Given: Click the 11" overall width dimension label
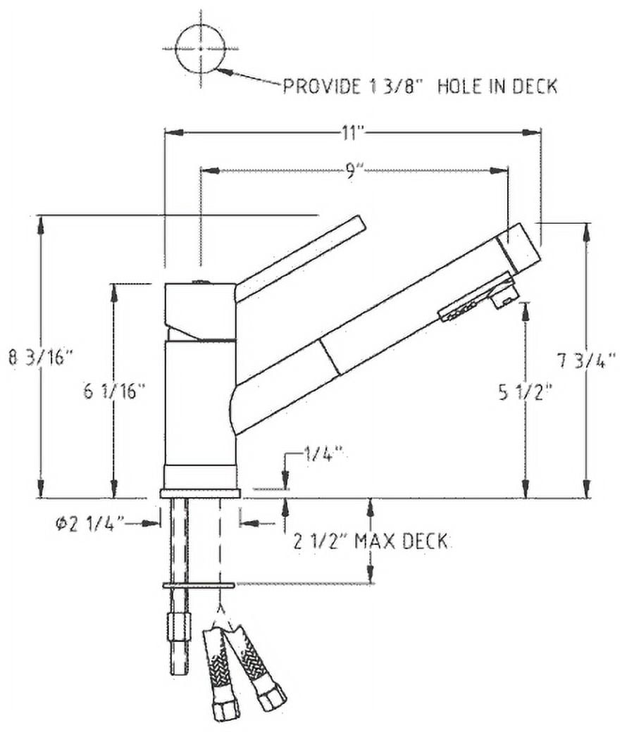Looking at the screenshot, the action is click(352, 133).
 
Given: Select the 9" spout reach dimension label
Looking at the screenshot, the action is click(352, 172).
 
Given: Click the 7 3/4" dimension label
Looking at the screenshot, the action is click(586, 361).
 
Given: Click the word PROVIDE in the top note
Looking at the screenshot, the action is click(322, 87).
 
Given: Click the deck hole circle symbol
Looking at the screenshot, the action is click(200, 49).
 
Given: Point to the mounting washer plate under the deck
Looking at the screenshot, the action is click(199, 585).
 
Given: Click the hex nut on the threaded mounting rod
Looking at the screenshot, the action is click(179, 628).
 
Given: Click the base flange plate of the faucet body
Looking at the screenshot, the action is click(200, 493).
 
